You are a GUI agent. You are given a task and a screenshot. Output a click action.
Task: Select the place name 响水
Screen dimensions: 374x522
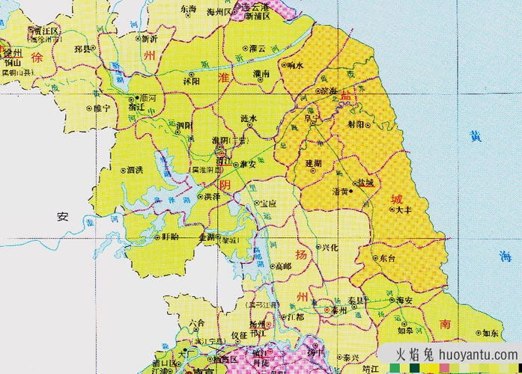(x=294, y=65)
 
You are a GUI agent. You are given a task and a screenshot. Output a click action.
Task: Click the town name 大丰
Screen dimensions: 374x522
(x=404, y=210)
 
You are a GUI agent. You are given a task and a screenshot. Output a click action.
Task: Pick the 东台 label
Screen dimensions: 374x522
(x=387, y=257)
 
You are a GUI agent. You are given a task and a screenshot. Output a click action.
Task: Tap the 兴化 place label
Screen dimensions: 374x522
(x=329, y=247)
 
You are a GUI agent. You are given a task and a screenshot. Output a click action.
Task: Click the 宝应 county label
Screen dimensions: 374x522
(x=269, y=203)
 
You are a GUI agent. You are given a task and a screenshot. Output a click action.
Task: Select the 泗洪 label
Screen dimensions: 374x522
(x=135, y=170)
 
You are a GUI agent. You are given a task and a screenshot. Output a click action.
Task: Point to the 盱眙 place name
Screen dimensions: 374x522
(x=170, y=236)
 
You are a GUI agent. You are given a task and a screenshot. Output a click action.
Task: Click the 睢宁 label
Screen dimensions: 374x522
(x=100, y=108)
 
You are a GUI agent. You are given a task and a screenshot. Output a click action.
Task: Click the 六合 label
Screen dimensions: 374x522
(x=197, y=323)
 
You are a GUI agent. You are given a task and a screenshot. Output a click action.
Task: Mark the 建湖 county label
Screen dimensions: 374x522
(x=313, y=162)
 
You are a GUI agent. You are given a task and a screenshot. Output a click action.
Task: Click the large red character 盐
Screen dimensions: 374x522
(x=345, y=95)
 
